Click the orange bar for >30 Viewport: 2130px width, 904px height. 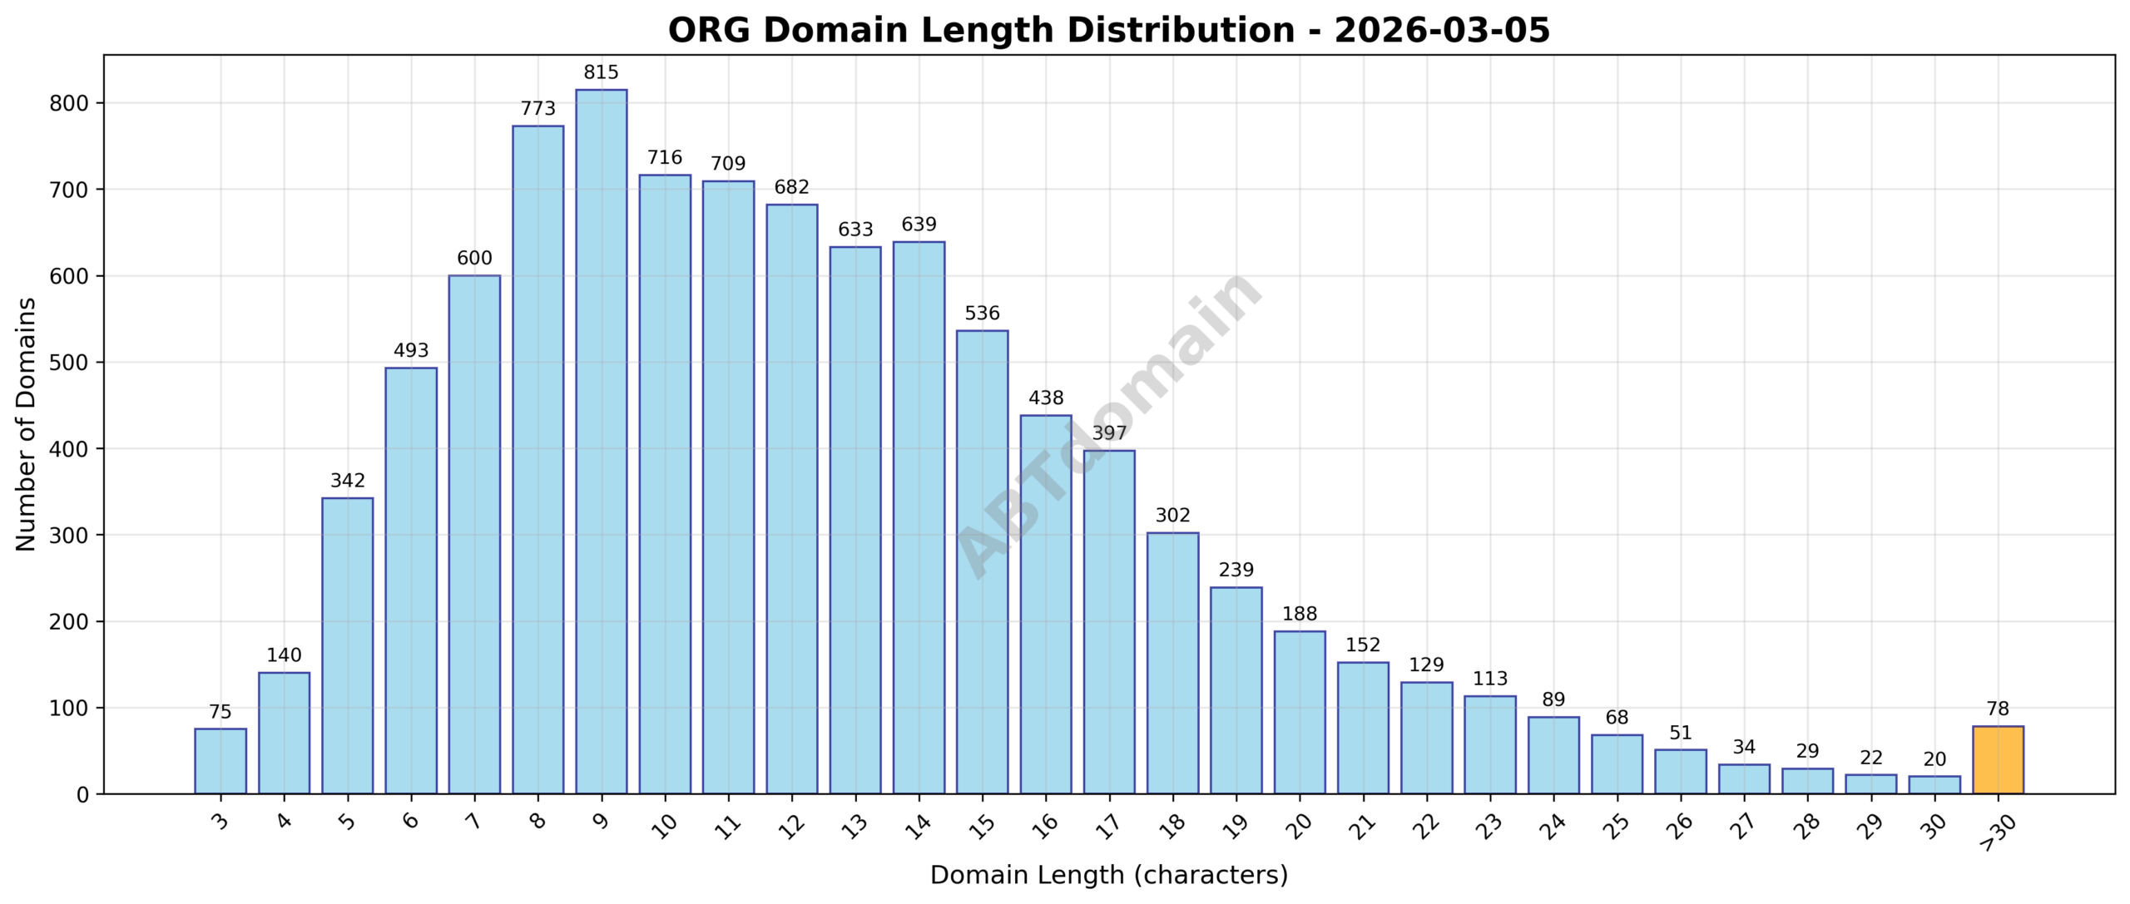click(x=1998, y=760)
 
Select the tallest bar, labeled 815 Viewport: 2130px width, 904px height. click(x=601, y=442)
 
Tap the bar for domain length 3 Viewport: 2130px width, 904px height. click(x=220, y=761)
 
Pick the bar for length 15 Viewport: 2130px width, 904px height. click(x=982, y=562)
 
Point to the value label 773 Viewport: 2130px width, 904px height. click(x=537, y=109)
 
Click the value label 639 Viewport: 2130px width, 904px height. click(x=919, y=225)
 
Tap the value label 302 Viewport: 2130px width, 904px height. click(x=1172, y=516)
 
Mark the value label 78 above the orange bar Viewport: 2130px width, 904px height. click(x=1998, y=709)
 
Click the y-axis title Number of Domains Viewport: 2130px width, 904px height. click(x=26, y=424)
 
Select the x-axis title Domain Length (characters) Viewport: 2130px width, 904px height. click(x=1108, y=876)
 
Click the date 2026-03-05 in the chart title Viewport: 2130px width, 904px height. click(x=1442, y=31)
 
